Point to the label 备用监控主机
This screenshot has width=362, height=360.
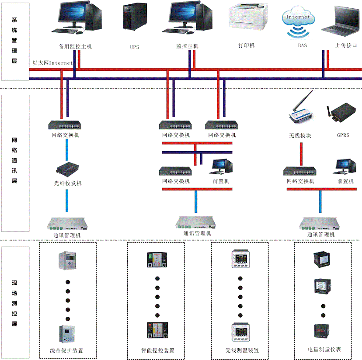pyautogui.click(x=75, y=46)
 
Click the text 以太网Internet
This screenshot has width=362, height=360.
pyautogui.click(x=52, y=63)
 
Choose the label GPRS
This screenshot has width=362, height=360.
pyautogui.click(x=343, y=135)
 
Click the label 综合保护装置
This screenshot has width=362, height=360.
pyautogui.click(x=67, y=350)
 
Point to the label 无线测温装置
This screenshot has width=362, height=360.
pyautogui.click(x=242, y=350)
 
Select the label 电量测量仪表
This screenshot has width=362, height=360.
pyautogui.click(x=324, y=350)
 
